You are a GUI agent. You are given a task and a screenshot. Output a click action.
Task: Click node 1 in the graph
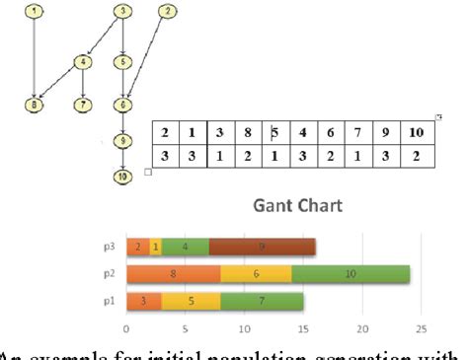[x=35, y=12]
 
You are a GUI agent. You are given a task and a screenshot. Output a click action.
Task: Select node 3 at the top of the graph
[x=121, y=12]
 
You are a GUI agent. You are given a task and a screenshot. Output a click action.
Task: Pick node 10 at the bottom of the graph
[x=121, y=178]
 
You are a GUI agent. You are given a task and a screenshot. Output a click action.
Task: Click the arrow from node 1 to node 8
[x=35, y=57]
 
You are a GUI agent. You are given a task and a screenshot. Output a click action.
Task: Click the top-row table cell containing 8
[x=248, y=133]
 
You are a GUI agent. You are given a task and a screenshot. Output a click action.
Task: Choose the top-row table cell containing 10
[x=417, y=133]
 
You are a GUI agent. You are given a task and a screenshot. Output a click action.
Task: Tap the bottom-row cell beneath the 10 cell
[x=417, y=156]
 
